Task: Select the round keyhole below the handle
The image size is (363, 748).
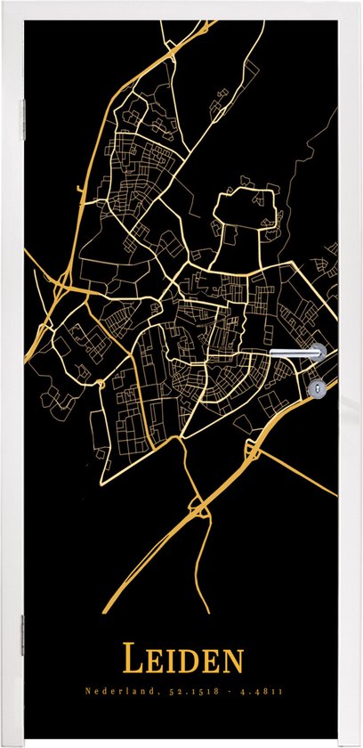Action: click(318, 387)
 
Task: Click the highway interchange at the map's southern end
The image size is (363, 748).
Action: click(203, 509)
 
